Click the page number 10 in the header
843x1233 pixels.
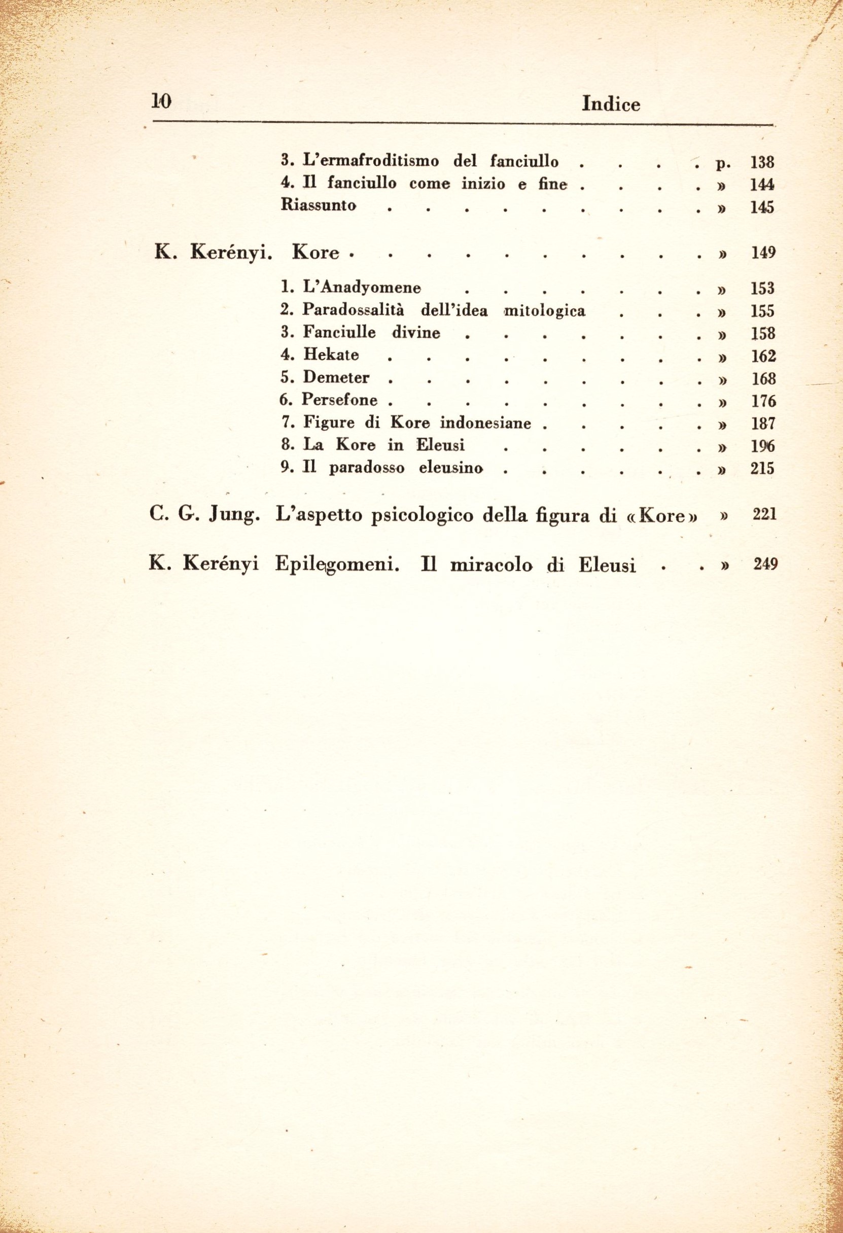(x=159, y=101)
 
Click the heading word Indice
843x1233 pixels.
(x=611, y=104)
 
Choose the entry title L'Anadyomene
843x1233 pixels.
(x=362, y=288)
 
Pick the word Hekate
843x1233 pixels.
(x=331, y=355)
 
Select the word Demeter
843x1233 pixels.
(x=336, y=377)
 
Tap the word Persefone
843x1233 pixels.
(x=340, y=400)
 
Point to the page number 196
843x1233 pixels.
(x=763, y=446)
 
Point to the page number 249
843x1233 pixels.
(x=765, y=564)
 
